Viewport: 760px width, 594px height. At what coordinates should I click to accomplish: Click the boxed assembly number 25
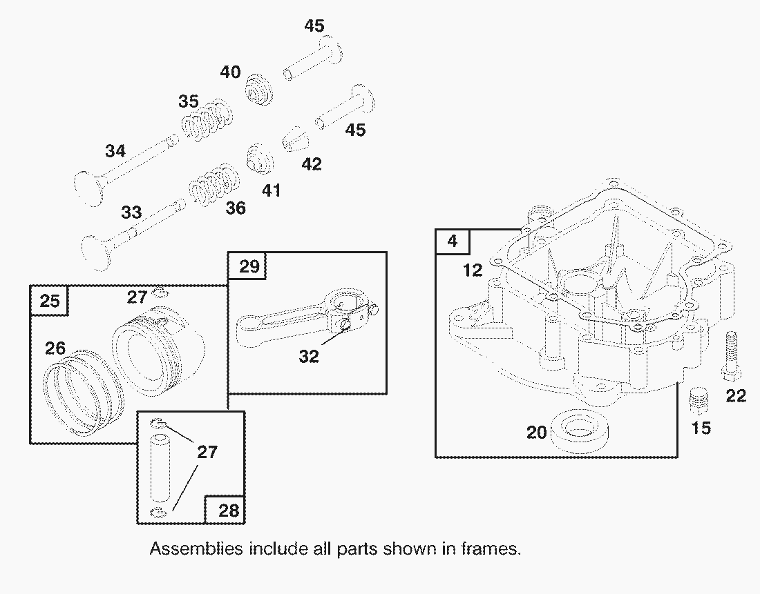(49, 301)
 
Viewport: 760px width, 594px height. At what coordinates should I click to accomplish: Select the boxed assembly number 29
(248, 267)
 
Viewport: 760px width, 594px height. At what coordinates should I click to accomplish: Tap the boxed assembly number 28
(228, 510)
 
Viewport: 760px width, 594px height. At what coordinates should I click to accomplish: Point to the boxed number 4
(452, 241)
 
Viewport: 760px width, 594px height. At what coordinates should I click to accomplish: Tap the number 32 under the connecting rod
(309, 357)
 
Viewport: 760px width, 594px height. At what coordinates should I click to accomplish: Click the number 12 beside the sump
(473, 270)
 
